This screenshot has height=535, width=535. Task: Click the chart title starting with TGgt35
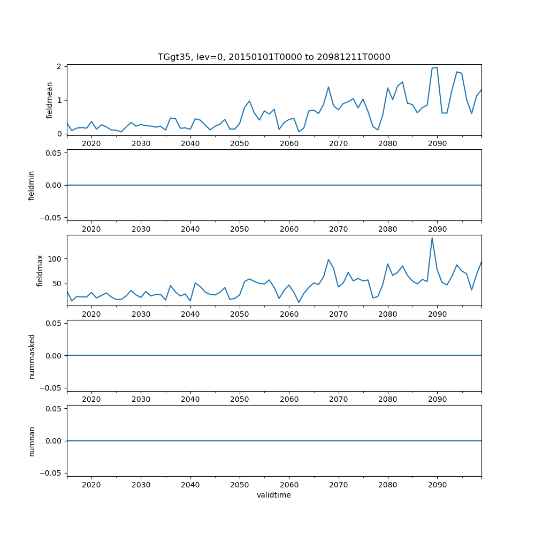pos(273,57)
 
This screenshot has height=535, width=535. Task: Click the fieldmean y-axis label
pos(49,100)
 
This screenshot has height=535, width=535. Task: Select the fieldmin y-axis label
pos(32,185)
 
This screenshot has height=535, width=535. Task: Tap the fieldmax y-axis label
pos(40,270)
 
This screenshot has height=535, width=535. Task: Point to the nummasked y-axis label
pos(32,355)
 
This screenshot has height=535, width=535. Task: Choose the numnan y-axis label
pos(32,441)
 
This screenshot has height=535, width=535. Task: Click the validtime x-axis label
pos(273,495)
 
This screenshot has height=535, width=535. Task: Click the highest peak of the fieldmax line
pos(432,238)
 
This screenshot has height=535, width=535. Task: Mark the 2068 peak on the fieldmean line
pos(328,87)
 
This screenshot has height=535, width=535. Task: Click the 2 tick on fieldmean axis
pos(60,66)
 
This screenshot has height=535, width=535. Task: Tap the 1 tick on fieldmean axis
pos(60,100)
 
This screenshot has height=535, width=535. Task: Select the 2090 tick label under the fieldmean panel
pos(437,144)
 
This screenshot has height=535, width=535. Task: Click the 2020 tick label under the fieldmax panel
pos(91,315)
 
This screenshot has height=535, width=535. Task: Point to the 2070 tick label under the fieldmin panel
pos(339,229)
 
